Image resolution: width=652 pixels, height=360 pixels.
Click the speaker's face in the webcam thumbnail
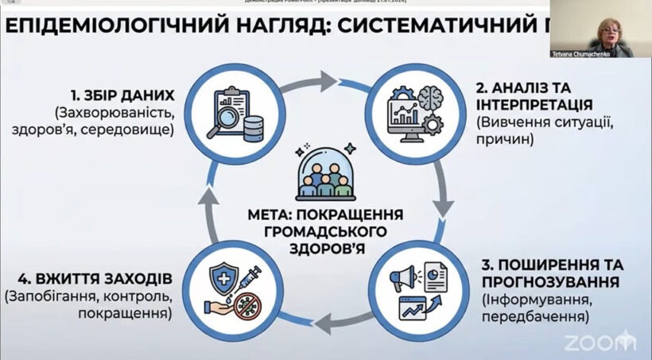click(x=601, y=25)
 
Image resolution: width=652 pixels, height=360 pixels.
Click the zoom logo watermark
click(x=600, y=343)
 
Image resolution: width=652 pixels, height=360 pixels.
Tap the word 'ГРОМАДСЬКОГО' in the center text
click(x=325, y=231)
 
